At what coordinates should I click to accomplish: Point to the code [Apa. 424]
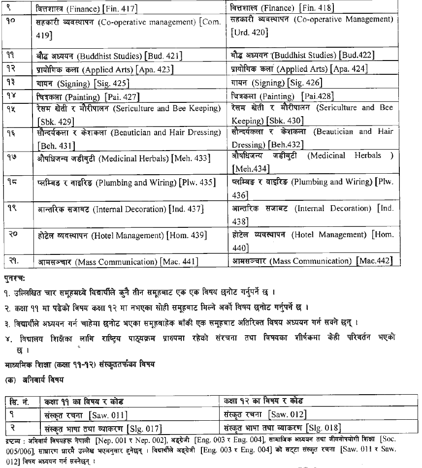tap(349, 69)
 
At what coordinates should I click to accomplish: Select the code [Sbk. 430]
tap(284, 121)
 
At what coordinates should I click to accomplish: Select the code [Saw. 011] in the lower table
tap(109, 414)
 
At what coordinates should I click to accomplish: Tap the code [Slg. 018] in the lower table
tap(323, 428)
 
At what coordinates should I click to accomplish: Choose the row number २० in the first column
tap(13, 233)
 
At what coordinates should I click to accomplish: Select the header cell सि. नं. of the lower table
tap(22, 401)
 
